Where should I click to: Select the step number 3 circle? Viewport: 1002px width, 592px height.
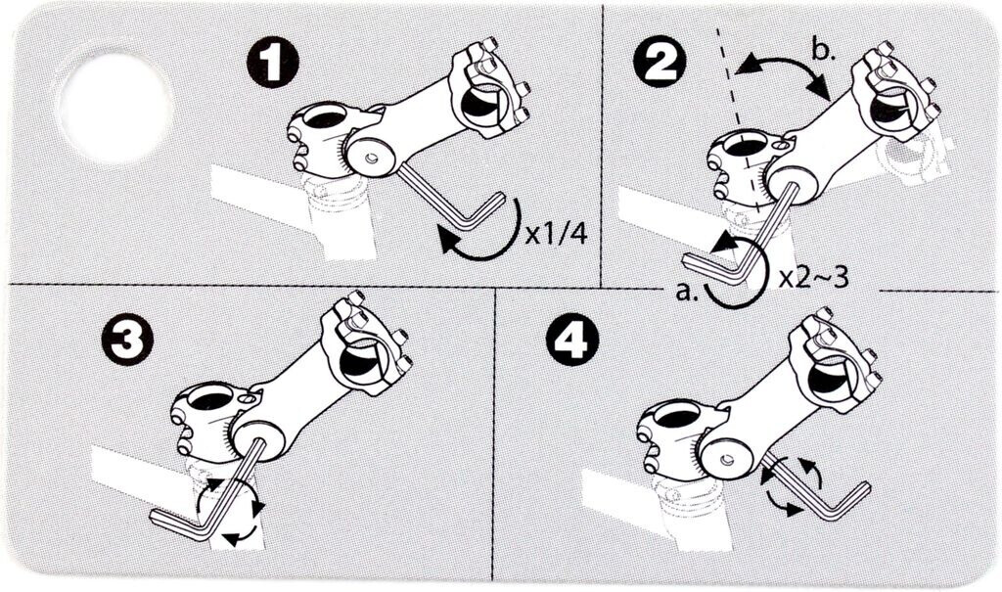tap(127, 340)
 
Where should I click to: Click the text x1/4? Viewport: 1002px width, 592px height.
tap(556, 235)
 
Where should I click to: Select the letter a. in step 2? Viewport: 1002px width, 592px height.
tap(684, 294)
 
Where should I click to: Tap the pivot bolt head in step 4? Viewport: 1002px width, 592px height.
tap(726, 459)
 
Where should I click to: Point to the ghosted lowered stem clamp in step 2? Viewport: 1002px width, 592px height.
tap(911, 157)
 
